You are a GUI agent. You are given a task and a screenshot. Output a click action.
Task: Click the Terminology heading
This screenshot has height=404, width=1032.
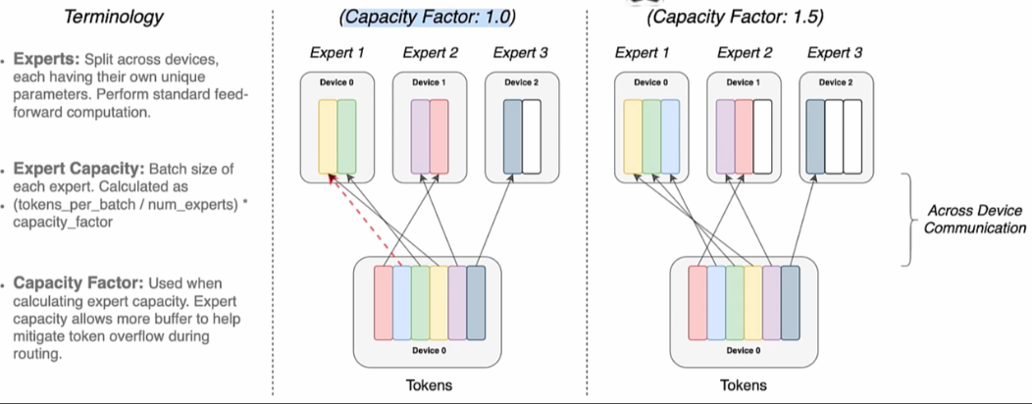click(113, 17)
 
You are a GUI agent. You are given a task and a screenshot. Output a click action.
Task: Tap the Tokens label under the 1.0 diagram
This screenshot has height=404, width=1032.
click(430, 384)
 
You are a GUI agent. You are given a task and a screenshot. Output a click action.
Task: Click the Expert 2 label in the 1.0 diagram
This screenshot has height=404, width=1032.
click(429, 53)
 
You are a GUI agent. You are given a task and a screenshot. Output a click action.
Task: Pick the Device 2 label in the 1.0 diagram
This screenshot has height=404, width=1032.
click(522, 83)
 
